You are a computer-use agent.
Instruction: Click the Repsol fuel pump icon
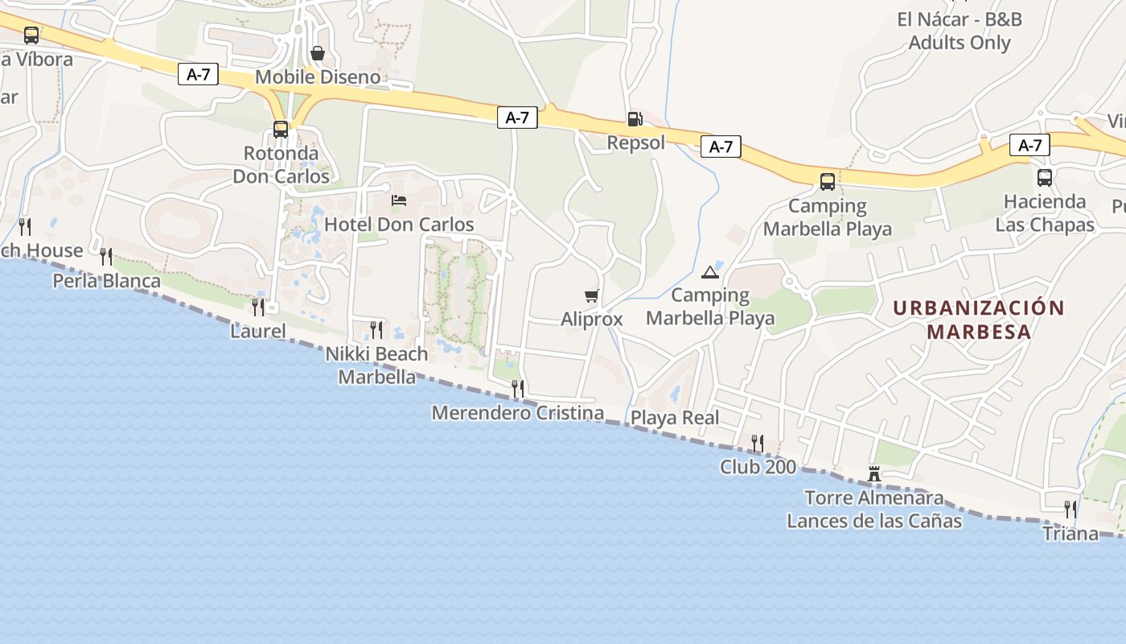[x=635, y=119]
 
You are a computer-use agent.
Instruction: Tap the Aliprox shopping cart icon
[x=592, y=296]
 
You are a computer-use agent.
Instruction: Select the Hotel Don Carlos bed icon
[x=399, y=200]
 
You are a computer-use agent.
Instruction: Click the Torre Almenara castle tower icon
[x=874, y=473]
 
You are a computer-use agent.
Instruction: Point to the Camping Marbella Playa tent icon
[x=709, y=272]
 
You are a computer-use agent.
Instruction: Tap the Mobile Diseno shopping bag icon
[x=318, y=53]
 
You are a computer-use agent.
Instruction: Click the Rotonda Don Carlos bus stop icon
[x=281, y=129]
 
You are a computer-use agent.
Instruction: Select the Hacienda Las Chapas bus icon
[x=1045, y=178]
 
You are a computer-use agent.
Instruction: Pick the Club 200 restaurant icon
[x=757, y=443]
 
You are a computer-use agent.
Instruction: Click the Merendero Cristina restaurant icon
[x=518, y=388]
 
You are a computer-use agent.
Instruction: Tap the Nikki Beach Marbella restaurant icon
[x=376, y=329]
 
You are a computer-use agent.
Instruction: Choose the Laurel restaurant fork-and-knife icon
[x=257, y=307]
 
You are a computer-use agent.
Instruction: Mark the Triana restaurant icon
[x=1070, y=509]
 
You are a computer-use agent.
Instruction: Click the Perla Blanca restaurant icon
[x=106, y=257]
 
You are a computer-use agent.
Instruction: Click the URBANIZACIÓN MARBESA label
[x=979, y=320]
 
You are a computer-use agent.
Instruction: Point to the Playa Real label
[x=675, y=418]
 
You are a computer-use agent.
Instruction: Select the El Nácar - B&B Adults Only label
[x=959, y=31]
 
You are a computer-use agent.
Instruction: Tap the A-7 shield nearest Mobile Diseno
[x=198, y=75]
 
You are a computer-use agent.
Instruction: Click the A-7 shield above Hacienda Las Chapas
[x=1029, y=145]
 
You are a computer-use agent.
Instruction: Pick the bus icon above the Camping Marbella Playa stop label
[x=828, y=182]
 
